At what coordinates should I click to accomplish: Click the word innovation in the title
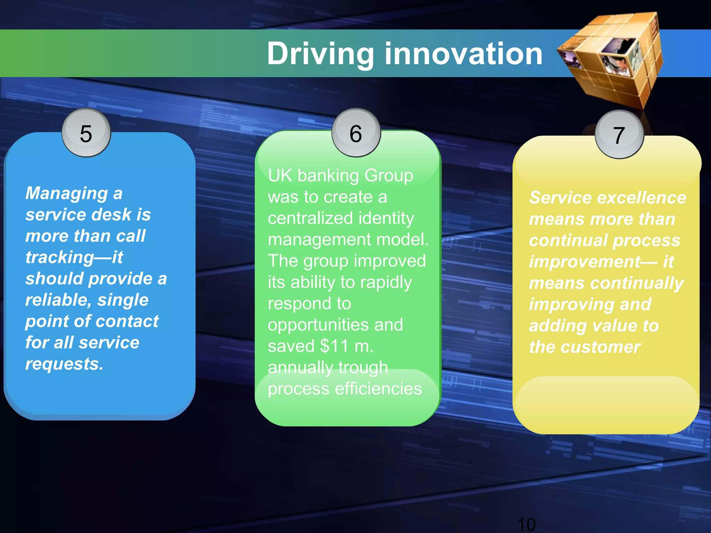pos(463,54)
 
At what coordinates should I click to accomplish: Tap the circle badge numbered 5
pos(86,133)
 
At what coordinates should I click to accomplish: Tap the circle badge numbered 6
pos(356,133)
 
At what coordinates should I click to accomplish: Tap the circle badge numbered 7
pos(619,135)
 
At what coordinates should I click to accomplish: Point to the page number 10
pos(526,524)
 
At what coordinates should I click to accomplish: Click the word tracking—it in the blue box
pos(74,257)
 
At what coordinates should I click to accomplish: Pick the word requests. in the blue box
pos(64,364)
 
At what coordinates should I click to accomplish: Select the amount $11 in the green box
pos(334,346)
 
